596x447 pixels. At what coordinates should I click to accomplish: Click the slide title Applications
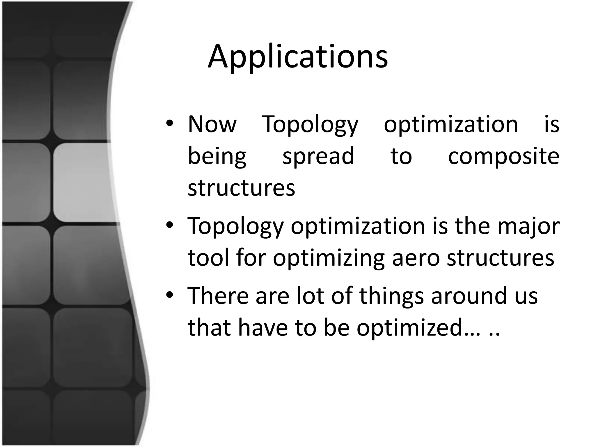(297, 57)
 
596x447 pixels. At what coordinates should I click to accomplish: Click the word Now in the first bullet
(212, 125)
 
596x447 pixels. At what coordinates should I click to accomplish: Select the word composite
(503, 157)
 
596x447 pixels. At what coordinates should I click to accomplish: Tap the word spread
(318, 157)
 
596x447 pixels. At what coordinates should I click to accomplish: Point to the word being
(217, 157)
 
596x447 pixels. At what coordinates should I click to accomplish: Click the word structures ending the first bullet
(241, 188)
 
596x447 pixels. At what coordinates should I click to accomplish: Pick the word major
(528, 226)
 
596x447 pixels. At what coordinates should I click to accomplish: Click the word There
(218, 296)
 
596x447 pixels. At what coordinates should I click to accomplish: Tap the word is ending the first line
(551, 125)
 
